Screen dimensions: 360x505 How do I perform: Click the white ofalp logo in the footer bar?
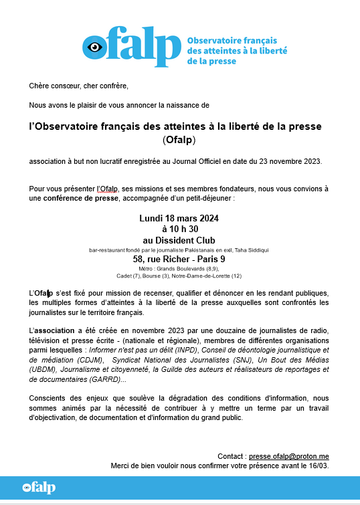pyautogui.click(x=38, y=487)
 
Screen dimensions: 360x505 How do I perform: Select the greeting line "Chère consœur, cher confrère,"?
pyautogui.click(x=78, y=86)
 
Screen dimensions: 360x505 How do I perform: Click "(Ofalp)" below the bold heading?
pyautogui.click(x=180, y=140)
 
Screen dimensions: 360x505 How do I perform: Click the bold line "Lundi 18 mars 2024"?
pyautogui.click(x=179, y=219)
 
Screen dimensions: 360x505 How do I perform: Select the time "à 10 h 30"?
pyautogui.click(x=179, y=229)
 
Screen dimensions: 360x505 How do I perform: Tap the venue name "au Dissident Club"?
pyautogui.click(x=179, y=239)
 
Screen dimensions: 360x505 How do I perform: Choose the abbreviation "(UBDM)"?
pyautogui.click(x=46, y=369)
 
